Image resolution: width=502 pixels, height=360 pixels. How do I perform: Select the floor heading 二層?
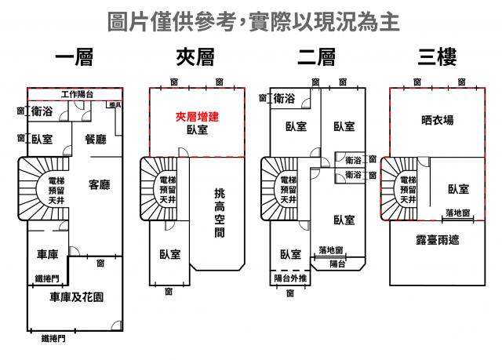tap(317, 59)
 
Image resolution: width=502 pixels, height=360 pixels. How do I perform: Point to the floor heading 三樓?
tap(438, 59)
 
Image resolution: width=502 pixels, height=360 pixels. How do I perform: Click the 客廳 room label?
tap(99, 185)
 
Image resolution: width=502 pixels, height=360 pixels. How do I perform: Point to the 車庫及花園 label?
tap(76, 297)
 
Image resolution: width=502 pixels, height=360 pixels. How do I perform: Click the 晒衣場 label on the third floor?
tap(437, 120)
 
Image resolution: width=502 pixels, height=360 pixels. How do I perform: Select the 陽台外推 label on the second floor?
tap(290, 278)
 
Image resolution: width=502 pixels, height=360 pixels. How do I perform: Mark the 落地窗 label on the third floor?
tap(457, 213)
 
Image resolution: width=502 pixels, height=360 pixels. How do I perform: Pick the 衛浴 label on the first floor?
tap(42, 112)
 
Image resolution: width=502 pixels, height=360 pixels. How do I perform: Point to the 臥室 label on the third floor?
tap(458, 188)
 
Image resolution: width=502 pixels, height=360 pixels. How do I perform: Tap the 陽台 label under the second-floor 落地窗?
tap(337, 264)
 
